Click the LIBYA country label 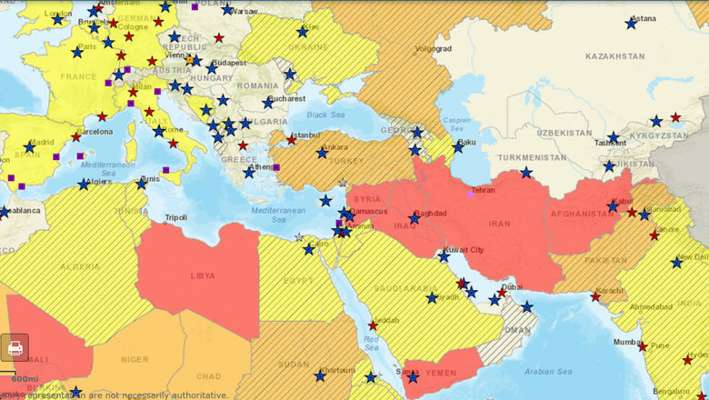click(x=203, y=275)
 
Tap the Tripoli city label click(x=176, y=218)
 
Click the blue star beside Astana click(x=631, y=23)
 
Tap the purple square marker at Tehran click(x=470, y=193)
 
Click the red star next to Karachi click(x=595, y=295)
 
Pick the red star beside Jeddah click(x=373, y=325)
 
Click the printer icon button click(x=15, y=348)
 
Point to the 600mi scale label click(x=25, y=379)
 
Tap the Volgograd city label click(x=432, y=48)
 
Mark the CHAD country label click(x=207, y=376)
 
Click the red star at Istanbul click(x=291, y=140)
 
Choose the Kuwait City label click(x=464, y=250)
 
